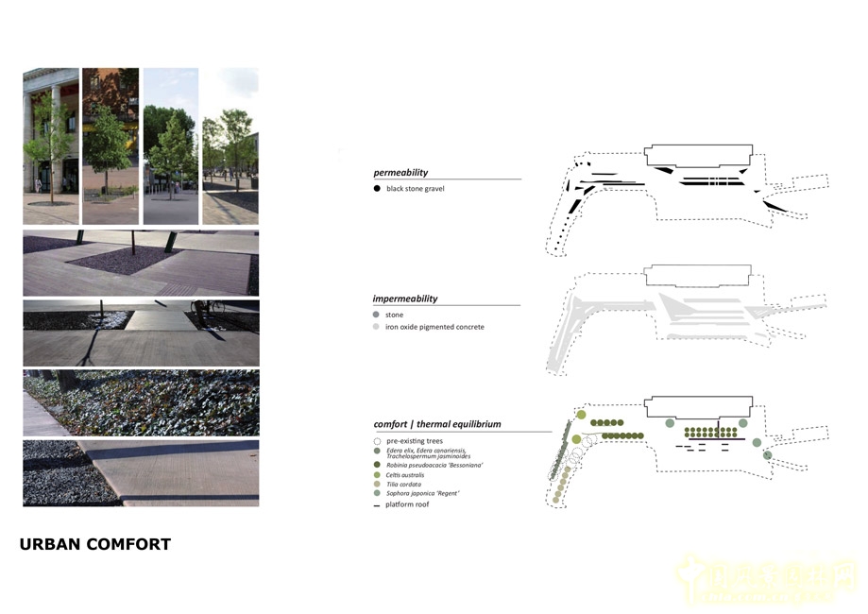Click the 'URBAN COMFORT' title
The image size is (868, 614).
point(94,544)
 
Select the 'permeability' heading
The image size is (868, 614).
point(400,173)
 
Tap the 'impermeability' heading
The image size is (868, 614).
point(405,298)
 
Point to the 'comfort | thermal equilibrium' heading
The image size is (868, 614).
point(436,424)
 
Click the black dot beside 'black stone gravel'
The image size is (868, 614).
point(377,189)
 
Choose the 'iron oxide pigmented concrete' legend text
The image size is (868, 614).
point(434,327)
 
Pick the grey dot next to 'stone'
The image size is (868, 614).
point(377,315)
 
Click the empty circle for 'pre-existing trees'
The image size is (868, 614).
point(378,441)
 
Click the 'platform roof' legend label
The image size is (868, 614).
point(407,504)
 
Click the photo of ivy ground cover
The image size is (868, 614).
point(141,401)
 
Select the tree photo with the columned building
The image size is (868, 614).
point(50,145)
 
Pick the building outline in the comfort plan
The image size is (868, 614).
point(698,407)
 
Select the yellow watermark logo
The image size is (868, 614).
point(764,577)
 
